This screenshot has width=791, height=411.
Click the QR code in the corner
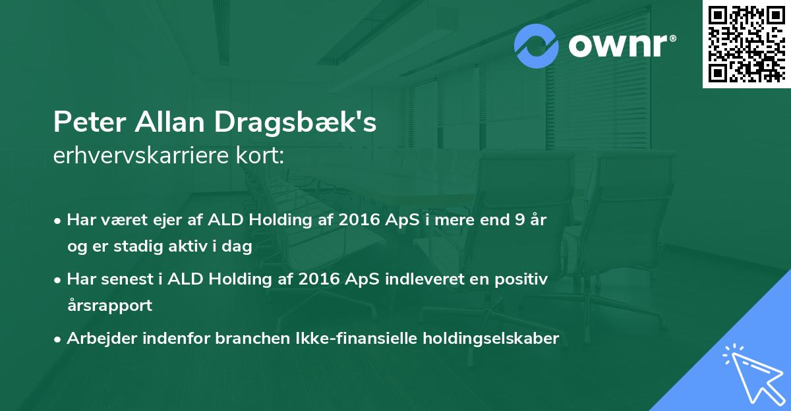point(746,44)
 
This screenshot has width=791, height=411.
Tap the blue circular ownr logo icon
point(537,46)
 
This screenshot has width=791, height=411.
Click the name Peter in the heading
point(90,122)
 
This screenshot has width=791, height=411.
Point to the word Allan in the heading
point(170,121)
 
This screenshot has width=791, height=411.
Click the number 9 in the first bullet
point(520,220)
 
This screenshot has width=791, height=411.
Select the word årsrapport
point(109,305)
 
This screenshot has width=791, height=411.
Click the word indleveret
point(437,279)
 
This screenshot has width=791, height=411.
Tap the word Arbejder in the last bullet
point(102,339)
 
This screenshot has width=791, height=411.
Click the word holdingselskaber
point(491,339)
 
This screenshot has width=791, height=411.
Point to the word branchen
point(252,338)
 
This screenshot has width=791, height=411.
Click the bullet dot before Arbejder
point(57,340)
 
